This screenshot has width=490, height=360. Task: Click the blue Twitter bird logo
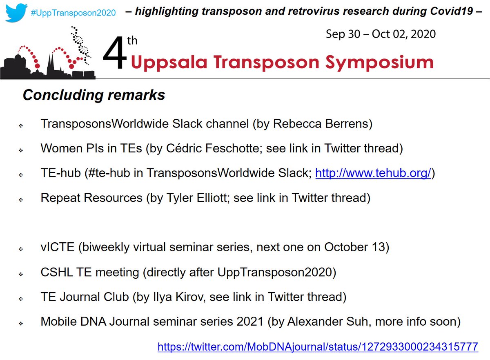click(14, 11)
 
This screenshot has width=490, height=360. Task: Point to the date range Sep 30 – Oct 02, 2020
click(381, 34)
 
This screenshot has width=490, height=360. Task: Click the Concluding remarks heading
click(94, 95)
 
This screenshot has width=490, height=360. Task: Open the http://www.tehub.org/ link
click(374, 173)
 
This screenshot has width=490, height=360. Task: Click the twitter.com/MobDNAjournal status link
click(317, 347)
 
